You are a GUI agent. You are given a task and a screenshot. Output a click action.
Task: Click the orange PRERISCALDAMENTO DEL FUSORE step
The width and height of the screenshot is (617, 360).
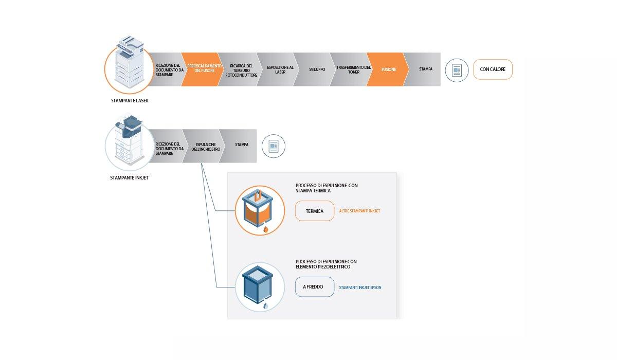point(204,69)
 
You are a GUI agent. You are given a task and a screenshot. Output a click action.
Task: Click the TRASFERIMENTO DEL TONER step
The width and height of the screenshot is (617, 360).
point(353,69)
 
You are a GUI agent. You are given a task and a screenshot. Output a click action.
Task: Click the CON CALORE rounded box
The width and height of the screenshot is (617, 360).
point(493,69)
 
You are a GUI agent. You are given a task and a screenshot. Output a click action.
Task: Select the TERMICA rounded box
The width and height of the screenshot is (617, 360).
point(315,211)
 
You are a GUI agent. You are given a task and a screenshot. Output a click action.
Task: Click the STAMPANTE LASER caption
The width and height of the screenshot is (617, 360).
point(130,101)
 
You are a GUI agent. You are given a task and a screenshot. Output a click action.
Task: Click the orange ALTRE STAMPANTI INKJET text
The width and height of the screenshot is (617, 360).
point(359,211)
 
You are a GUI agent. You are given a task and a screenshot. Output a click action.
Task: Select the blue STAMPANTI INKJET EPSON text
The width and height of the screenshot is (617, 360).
point(360,287)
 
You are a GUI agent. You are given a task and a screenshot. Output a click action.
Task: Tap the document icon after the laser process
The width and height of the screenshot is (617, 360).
point(457,70)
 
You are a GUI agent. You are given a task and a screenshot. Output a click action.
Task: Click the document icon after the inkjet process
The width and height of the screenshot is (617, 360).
point(273,147)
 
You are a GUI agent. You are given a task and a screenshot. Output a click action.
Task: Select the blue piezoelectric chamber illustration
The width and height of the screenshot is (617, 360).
point(260,287)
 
